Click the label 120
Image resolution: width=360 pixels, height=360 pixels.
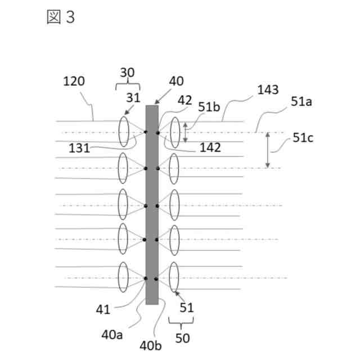[x=74, y=81]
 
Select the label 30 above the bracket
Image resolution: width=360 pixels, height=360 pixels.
[x=128, y=73]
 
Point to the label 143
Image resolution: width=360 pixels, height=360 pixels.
[x=267, y=90]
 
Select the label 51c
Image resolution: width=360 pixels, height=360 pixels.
[x=303, y=137]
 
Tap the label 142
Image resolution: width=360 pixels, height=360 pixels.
[x=210, y=148]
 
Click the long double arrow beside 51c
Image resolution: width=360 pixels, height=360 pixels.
[x=268, y=150]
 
